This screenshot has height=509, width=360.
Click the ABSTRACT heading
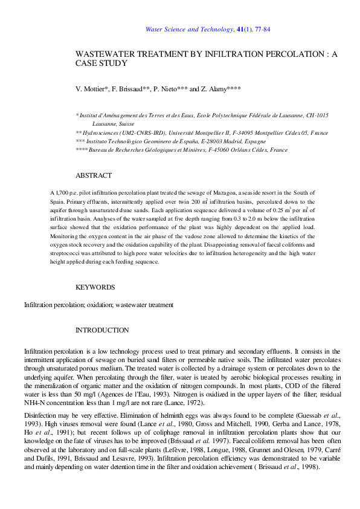pyautogui.click(x=93, y=175)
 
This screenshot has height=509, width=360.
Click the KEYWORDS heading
pyautogui.click(x=95, y=287)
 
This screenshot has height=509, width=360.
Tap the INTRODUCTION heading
pyautogui.click(x=101, y=330)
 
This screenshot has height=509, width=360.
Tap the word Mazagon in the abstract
pyautogui.click(x=221, y=192)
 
